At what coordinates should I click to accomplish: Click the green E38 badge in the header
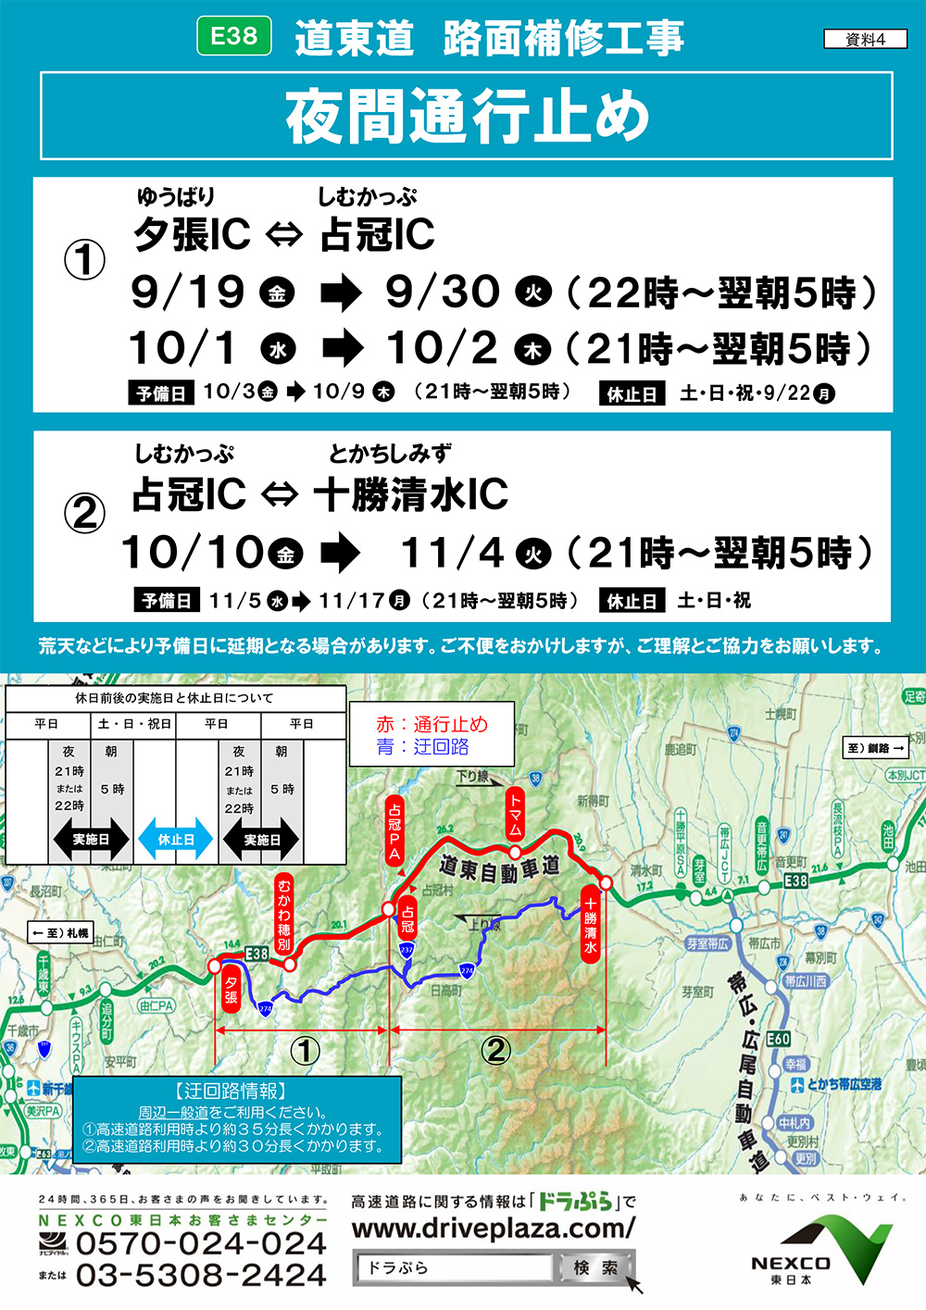pos(234,36)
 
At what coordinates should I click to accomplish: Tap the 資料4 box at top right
pos(865,39)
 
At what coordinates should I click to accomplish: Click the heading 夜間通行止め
pos(467,117)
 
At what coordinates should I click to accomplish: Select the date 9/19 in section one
pos(188,292)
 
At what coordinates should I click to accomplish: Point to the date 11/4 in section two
pos(452,553)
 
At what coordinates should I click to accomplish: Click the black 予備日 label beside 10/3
pos(161,393)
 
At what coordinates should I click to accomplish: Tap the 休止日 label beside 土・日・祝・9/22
pos(632,393)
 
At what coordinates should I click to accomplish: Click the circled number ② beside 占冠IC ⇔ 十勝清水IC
pos(84,513)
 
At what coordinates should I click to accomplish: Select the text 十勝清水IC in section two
pos(411,494)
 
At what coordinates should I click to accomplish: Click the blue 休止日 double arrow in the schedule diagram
pos(176,840)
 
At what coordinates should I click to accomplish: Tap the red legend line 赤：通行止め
pos(432,724)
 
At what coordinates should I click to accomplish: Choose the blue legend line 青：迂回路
pos(422,746)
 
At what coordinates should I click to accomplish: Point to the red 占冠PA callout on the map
pos(394,828)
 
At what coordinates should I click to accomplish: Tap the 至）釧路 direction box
pos(875,747)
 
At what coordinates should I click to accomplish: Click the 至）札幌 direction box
pos(61,932)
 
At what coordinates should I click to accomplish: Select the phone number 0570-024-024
pos(201,1244)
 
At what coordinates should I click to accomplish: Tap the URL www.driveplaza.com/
pos(494,1229)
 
